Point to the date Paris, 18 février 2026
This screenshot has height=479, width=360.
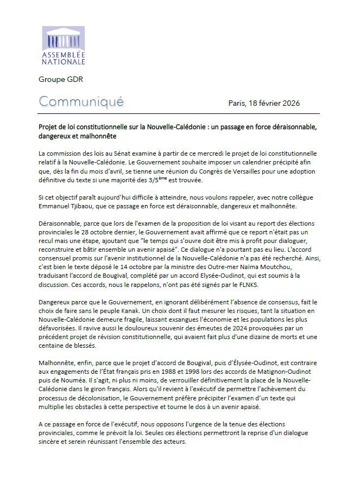pos(264,103)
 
